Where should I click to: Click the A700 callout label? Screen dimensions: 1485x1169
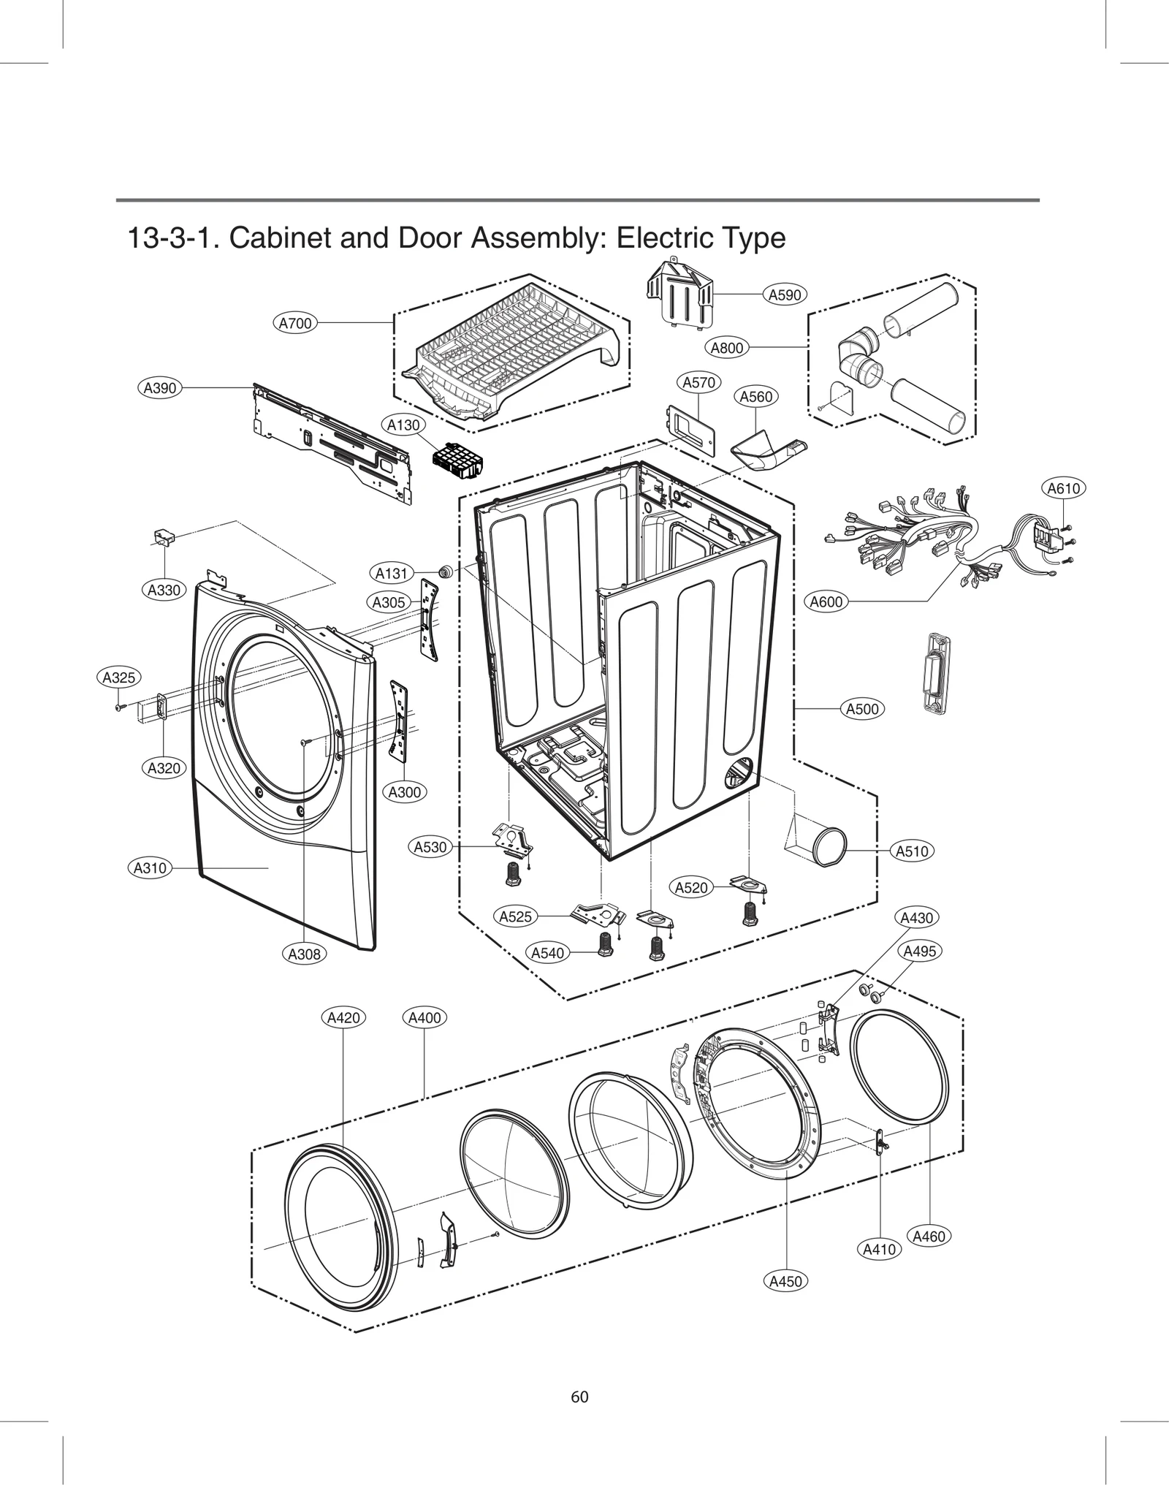[x=296, y=322]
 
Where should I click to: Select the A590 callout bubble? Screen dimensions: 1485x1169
[x=785, y=295]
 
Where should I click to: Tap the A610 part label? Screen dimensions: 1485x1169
[x=1063, y=488]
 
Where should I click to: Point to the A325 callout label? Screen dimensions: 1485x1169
[x=118, y=677]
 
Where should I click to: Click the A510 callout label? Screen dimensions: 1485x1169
[x=912, y=851]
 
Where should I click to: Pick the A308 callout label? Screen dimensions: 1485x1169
[x=304, y=954]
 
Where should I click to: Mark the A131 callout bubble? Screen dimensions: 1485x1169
[x=391, y=573]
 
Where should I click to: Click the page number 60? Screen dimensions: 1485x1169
[x=579, y=1397]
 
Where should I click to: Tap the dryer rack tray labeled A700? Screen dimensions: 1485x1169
[x=511, y=351]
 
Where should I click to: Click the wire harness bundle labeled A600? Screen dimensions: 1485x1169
[x=913, y=541]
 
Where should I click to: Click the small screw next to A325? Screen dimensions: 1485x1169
[x=118, y=707]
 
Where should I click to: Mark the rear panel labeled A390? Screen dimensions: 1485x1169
[x=332, y=442]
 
